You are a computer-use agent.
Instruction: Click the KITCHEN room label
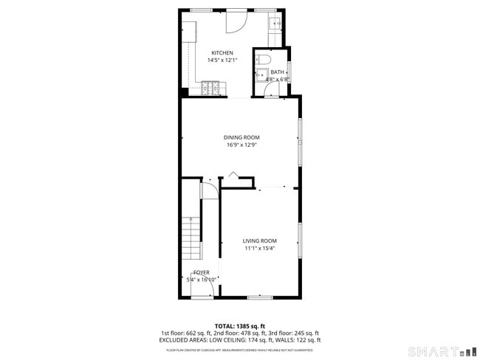tap(222, 53)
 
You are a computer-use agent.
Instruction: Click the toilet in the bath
tap(265, 59)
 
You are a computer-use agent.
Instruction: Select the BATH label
tap(276, 72)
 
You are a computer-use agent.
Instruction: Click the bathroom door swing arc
tap(273, 91)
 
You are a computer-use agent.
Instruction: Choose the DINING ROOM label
tap(241, 137)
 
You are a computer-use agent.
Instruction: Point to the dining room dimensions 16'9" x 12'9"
tap(241, 145)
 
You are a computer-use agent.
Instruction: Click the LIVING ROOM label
tap(260, 241)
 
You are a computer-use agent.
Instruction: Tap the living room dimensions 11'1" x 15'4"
tap(260, 249)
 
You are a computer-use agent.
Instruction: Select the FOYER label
tap(202, 272)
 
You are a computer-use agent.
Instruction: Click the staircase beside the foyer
tap(191, 236)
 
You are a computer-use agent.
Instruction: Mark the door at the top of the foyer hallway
tap(210, 188)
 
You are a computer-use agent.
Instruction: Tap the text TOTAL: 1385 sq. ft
tap(240, 325)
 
